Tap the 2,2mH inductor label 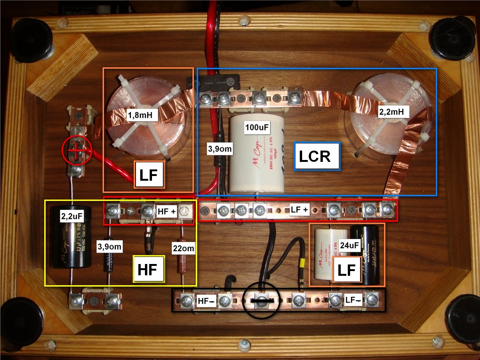click(394, 112)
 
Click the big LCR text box click(317, 156)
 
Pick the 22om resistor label click(183, 248)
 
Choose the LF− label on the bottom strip click(353, 299)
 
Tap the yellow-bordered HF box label click(149, 269)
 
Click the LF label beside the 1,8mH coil click(150, 175)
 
